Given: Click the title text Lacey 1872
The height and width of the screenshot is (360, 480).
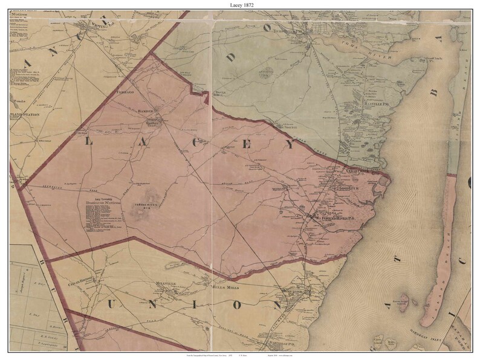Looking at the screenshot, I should click(x=239, y=4).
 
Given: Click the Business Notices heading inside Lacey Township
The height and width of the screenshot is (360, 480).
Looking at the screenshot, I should click(x=104, y=203).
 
